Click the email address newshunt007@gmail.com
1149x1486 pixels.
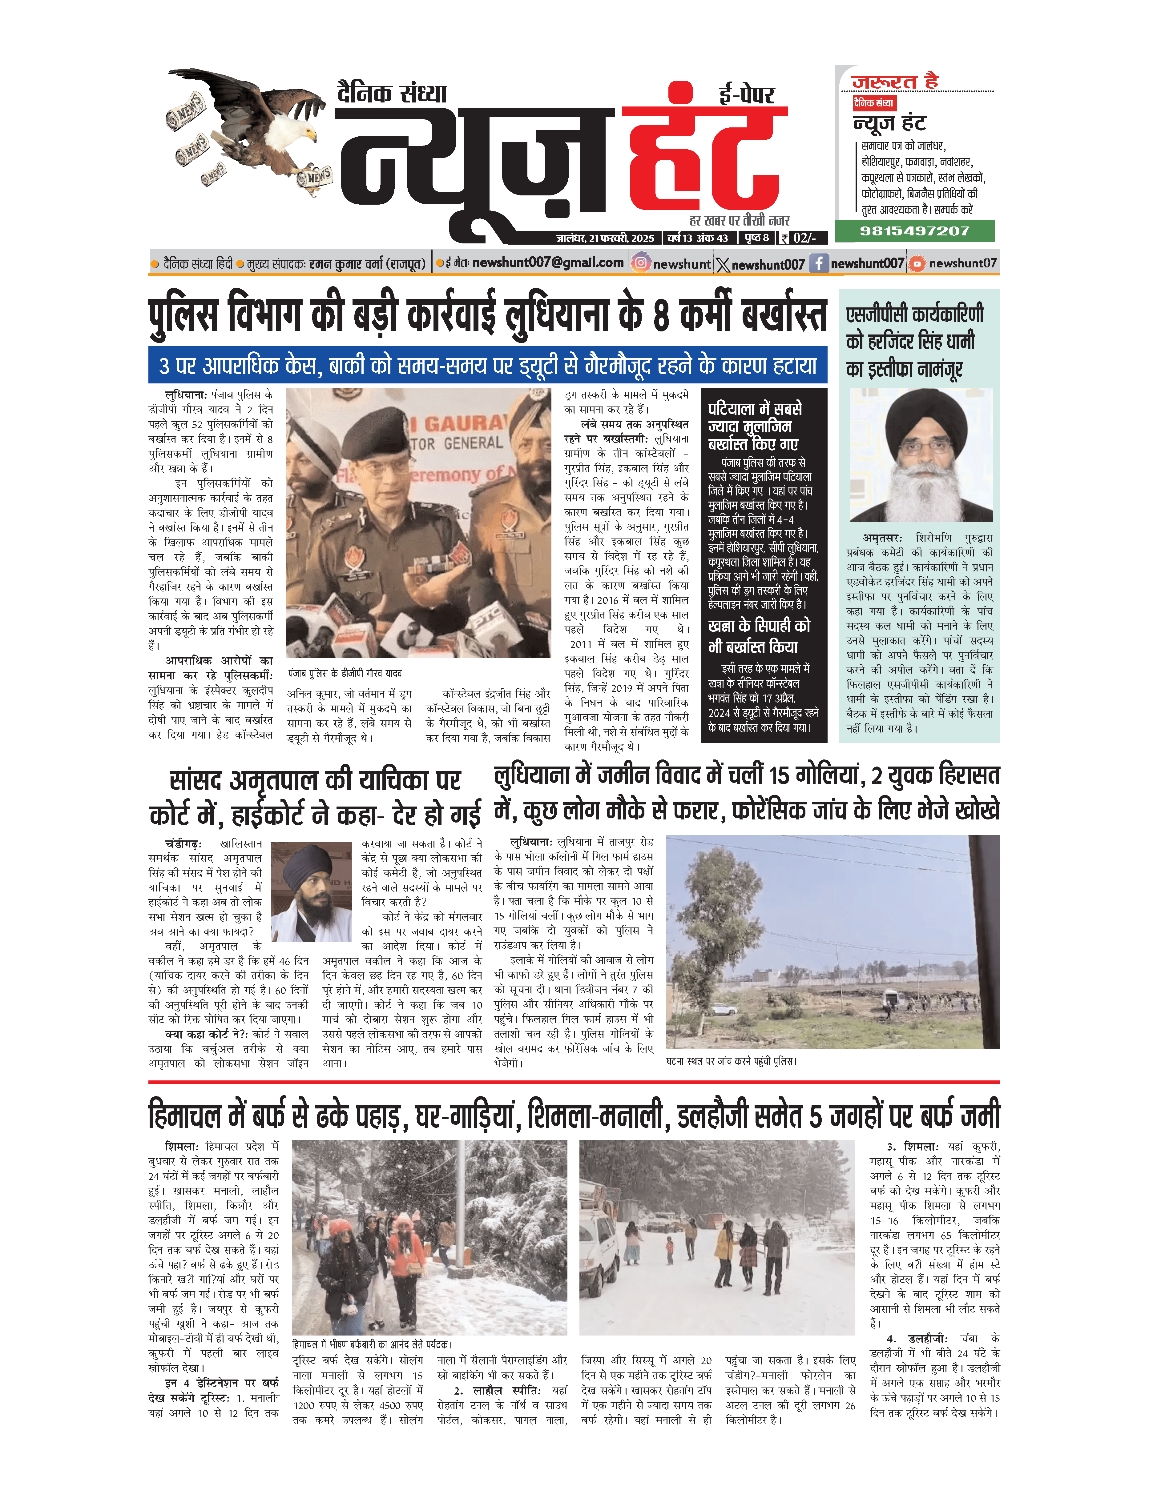point(548,262)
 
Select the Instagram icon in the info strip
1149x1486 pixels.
point(640,263)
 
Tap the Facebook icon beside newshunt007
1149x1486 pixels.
point(818,263)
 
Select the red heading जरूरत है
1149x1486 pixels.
point(895,82)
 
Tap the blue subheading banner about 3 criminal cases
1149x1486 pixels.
point(487,365)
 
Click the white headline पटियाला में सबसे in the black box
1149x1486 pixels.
point(755,408)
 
